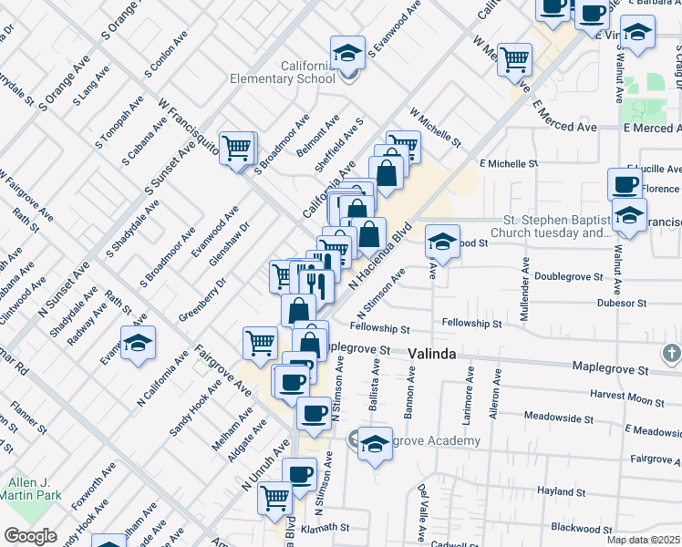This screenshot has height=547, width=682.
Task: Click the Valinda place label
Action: pos(431,353)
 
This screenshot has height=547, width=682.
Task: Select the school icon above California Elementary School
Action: pos(347,53)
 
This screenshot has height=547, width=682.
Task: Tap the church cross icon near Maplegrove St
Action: pos(670,353)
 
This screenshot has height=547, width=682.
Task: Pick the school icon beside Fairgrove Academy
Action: pos(374,444)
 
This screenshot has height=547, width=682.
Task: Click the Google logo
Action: pos(30,536)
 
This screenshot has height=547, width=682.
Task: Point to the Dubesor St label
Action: pos(622,303)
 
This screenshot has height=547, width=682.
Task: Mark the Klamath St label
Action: pos(325,527)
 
